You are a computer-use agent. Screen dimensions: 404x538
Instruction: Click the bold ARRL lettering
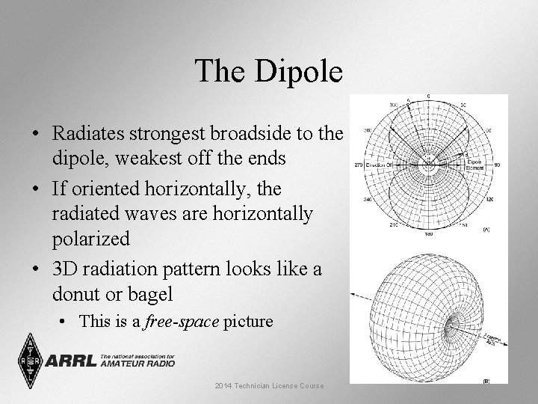(71, 361)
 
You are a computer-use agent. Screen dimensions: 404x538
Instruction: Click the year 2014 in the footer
(223, 385)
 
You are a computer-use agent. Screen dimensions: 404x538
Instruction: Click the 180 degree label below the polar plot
(429, 234)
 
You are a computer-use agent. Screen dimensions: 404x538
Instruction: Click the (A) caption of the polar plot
(486, 229)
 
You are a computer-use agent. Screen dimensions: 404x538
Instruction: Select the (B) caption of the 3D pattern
(486, 381)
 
